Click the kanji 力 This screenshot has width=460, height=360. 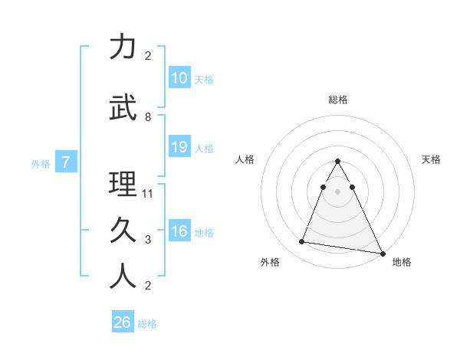click(x=123, y=47)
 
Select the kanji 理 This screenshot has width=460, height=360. click(x=123, y=185)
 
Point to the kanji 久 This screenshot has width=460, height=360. click(x=123, y=231)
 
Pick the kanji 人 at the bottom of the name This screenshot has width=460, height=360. click(x=123, y=277)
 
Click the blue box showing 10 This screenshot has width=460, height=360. click(x=179, y=78)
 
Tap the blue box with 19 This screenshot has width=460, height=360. click(x=179, y=147)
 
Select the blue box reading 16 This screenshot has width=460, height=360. click(x=179, y=231)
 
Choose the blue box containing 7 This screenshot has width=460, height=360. click(x=67, y=162)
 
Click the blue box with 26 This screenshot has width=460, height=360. click(x=123, y=322)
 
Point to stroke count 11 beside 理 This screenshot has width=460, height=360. click(x=148, y=194)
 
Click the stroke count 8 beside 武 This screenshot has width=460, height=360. click(x=148, y=117)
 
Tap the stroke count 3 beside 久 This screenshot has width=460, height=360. click(x=148, y=240)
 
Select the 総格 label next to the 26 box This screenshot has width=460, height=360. click(x=147, y=324)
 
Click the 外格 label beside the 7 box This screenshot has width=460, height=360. click(x=41, y=163)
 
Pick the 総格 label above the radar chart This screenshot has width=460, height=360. click(x=337, y=100)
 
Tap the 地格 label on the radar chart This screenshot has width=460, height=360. click(x=402, y=263)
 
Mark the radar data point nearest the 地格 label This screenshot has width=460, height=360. click(x=382, y=253)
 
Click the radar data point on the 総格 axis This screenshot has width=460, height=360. click(x=337, y=162)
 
